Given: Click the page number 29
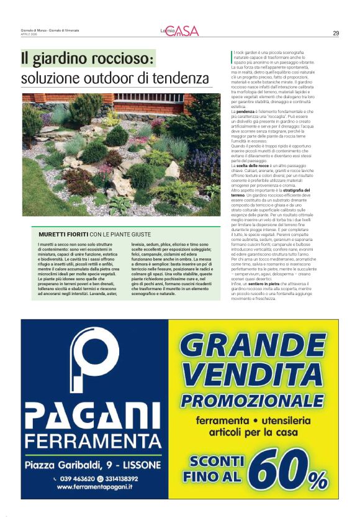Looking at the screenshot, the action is point(336,33).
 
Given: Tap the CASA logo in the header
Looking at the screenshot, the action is point(186,31).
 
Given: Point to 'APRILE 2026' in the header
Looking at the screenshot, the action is point(30,34).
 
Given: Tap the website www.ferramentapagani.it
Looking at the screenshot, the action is point(94,488).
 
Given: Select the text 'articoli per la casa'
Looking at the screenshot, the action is point(254,431).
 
